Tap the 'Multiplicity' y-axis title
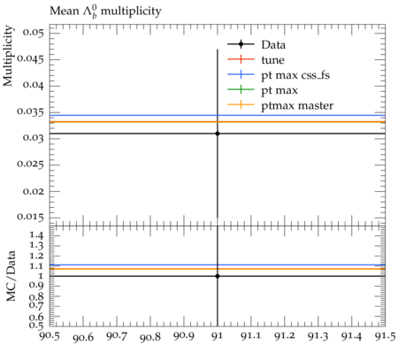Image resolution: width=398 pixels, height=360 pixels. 8,56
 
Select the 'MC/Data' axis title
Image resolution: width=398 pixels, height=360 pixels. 11,276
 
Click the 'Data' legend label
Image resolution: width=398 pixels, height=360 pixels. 273,45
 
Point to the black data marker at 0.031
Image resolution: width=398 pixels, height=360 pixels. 218,134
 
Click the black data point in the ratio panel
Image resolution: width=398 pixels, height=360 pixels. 218,276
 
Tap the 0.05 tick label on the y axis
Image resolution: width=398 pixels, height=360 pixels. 33,32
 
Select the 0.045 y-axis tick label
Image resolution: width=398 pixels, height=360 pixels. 30,58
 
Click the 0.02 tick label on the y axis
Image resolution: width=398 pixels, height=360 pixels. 33,191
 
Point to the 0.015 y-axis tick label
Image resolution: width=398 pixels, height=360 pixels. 30,218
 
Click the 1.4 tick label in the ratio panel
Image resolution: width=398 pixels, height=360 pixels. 36,235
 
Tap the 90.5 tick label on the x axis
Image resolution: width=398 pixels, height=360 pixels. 50,336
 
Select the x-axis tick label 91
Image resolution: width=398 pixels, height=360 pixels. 218,336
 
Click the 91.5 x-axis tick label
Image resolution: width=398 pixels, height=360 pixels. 386,336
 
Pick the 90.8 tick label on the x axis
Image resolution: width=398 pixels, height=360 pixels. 150,337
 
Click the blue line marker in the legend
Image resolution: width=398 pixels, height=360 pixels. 241,74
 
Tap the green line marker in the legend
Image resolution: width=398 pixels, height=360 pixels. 241,89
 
